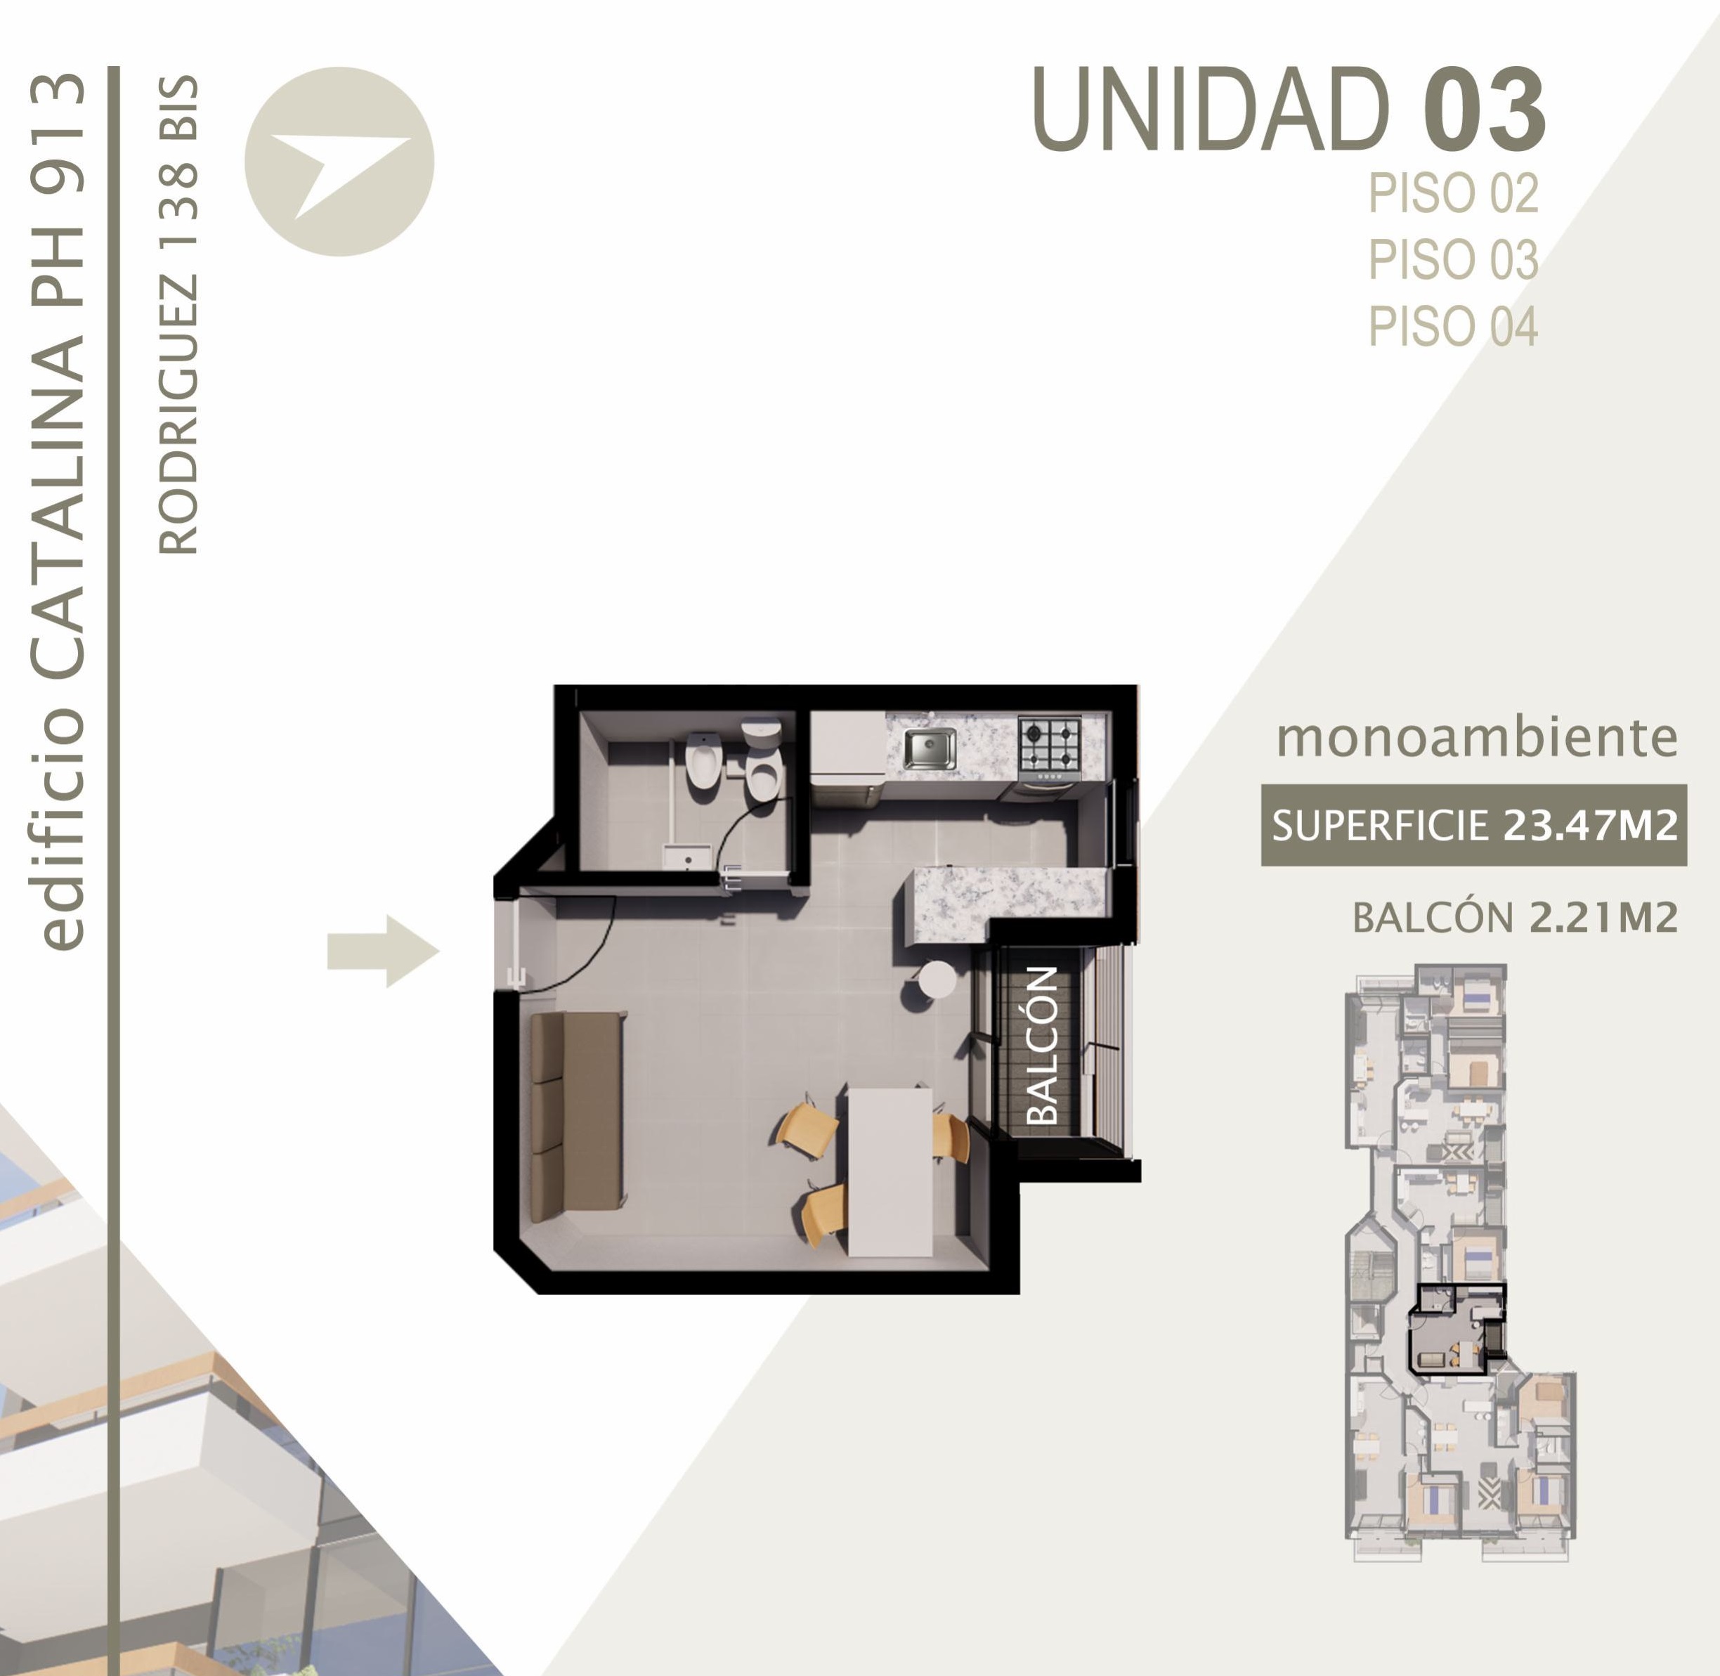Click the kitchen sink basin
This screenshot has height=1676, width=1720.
pos(930,748)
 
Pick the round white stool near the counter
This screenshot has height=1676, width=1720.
pos(937,979)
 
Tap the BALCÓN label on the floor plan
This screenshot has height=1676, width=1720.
pos(1043,1046)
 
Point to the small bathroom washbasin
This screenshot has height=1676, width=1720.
pos(686,857)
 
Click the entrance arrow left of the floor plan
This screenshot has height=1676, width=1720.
pos(383,951)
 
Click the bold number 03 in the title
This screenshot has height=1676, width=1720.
pos(1484,111)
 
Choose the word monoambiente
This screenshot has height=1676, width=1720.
pos(1477,738)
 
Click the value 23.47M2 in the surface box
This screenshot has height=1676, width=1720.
pos(1590,826)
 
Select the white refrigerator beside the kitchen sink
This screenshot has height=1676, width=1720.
pos(847,747)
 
